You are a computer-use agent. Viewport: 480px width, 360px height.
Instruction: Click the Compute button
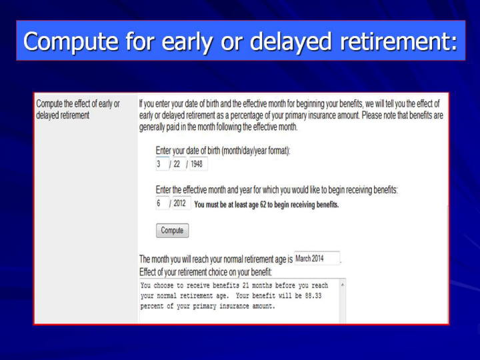point(173,230)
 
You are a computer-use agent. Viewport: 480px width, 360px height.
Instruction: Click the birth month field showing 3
point(162,164)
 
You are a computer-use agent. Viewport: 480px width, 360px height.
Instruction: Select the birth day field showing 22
point(179,164)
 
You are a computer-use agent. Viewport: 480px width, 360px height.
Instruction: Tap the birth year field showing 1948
point(198,164)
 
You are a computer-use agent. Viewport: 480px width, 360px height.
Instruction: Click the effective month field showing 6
point(162,203)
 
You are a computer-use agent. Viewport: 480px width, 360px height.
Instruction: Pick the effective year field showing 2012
point(181,203)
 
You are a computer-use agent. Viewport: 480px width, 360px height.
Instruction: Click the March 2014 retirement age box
point(317,259)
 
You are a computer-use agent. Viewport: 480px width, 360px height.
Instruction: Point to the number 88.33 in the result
point(313,296)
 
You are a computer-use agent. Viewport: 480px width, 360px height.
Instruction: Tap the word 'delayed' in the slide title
point(291,41)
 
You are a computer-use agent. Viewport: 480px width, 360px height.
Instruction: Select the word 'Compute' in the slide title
point(71,41)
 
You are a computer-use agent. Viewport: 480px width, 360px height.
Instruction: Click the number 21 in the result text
point(245,285)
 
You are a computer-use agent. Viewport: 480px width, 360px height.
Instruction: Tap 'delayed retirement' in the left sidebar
point(63,115)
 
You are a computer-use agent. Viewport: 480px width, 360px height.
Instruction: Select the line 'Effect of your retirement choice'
point(205,272)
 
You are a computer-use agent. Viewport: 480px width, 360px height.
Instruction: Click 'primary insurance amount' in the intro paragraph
point(321,115)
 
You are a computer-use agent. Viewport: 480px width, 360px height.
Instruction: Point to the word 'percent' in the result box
point(152,306)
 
